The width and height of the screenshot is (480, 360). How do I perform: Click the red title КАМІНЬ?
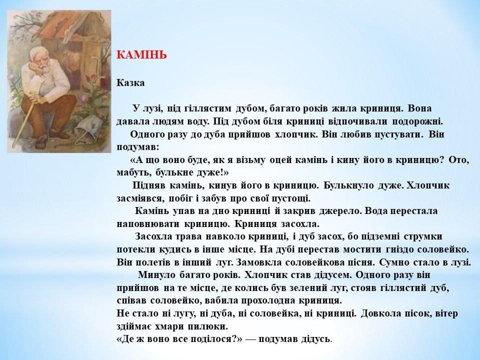(141, 55)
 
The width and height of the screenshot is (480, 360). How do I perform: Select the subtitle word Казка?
(130, 83)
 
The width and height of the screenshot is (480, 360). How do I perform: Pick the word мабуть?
(134, 173)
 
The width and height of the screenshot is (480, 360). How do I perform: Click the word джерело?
(340, 211)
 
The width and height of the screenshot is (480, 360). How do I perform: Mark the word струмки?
(423, 236)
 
